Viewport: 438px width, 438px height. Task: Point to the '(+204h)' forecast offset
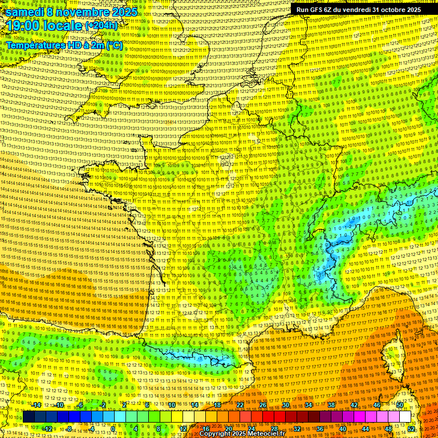(101, 25)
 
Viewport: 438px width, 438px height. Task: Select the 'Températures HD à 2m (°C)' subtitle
(64, 44)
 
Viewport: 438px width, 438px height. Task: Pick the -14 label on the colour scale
(36, 405)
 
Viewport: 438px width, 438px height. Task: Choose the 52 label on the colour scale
(412, 428)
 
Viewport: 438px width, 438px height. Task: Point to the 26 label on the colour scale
(263, 405)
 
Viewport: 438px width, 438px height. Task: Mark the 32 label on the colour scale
(297, 428)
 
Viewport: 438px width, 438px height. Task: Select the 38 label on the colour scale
(331, 405)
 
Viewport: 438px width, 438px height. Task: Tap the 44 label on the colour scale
(366, 428)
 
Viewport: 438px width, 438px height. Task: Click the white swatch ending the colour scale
(405, 417)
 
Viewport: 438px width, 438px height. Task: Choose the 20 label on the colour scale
(229, 428)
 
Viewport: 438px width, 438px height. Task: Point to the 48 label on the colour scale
(388, 428)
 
